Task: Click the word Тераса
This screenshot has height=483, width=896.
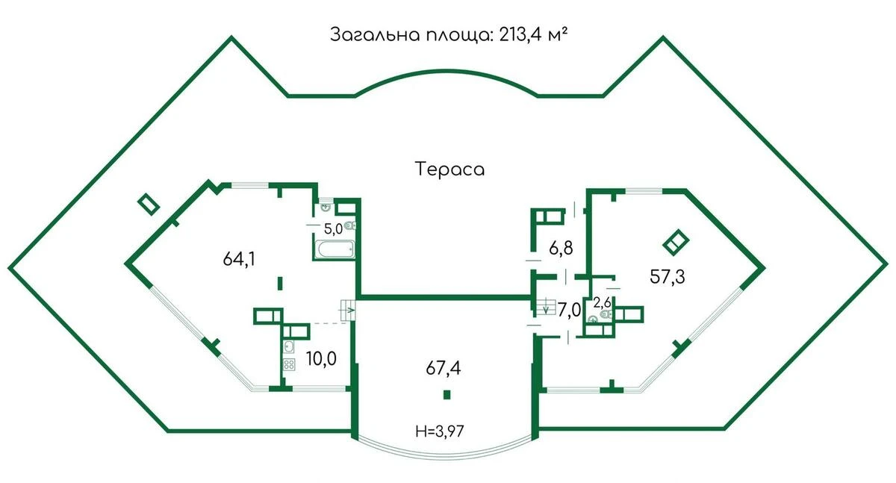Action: click(449, 169)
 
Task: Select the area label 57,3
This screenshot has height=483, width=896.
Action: click(667, 275)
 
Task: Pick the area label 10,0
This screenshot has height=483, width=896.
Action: click(321, 359)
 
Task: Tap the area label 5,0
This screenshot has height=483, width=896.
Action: click(333, 229)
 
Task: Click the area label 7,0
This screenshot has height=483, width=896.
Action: click(569, 309)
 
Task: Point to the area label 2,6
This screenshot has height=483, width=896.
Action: click(602, 302)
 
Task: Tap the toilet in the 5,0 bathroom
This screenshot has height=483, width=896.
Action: click(351, 225)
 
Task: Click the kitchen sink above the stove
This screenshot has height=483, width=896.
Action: click(289, 346)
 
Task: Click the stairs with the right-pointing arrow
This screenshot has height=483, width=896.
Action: click(349, 309)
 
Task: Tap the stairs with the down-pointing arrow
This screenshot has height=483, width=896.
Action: click(544, 306)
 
